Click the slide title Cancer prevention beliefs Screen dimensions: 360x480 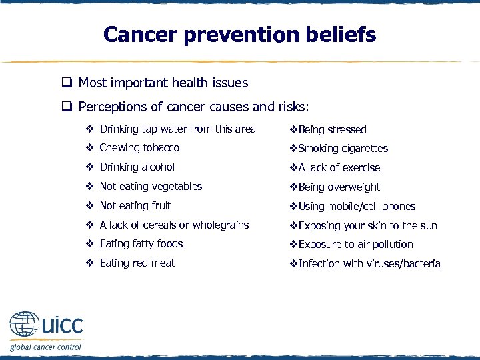pos(239,35)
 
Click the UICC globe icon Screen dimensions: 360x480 pos(25,326)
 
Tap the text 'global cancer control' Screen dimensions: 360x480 pos(45,347)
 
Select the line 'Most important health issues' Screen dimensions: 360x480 pos(163,83)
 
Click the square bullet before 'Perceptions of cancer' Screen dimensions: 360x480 pos(67,107)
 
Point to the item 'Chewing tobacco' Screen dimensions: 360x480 pos(139,148)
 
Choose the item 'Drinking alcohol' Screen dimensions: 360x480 pos(137,167)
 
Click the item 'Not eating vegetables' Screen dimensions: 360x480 pos(151,187)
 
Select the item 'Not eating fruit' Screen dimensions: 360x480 pos(135,206)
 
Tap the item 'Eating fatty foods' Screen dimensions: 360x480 pos(141,244)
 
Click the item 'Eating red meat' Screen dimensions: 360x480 pos(137,263)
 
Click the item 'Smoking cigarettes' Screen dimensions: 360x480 pos(343,149)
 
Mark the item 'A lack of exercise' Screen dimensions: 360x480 pos(339,168)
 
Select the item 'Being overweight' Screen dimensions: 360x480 pos(339,187)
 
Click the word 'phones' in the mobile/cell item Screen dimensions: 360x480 pos(398,207)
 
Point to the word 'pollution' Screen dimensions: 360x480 pos(391,245)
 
